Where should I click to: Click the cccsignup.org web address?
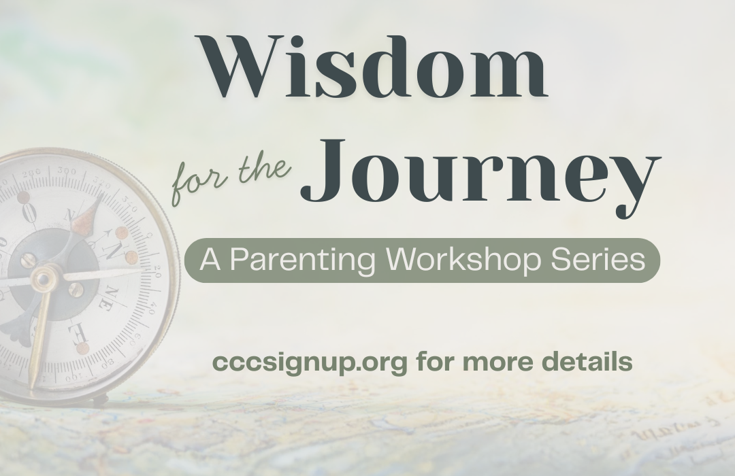(310, 362)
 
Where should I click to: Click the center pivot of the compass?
(44, 279)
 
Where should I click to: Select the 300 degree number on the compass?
(67, 171)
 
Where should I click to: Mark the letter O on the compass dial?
(29, 214)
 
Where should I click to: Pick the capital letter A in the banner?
(210, 259)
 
